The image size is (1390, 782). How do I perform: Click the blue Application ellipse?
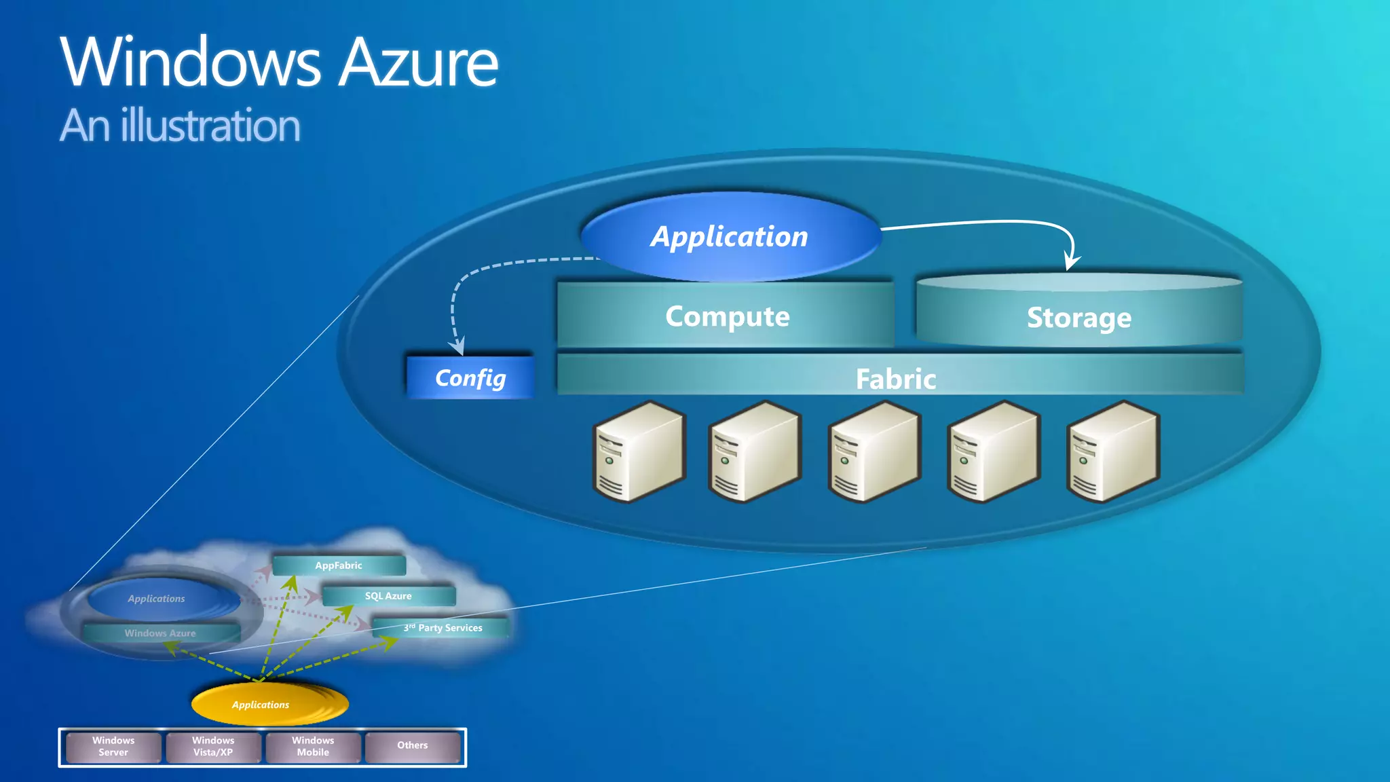(x=730, y=236)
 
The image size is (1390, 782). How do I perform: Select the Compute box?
(x=726, y=316)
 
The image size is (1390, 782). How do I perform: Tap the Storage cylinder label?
(x=1078, y=318)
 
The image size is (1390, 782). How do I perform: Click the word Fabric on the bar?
(x=896, y=379)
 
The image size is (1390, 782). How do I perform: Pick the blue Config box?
(x=470, y=377)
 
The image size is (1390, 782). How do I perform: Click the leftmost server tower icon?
(x=639, y=451)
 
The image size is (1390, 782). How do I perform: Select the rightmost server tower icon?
(x=1112, y=451)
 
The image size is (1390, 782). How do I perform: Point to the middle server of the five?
(x=874, y=451)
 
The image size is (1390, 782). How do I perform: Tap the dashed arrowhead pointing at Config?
(x=459, y=346)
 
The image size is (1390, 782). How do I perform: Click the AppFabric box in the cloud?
(x=339, y=565)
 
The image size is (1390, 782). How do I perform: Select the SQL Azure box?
(x=388, y=596)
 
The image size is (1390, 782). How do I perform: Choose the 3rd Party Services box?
(x=443, y=628)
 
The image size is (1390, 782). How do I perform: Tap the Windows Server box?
(x=113, y=746)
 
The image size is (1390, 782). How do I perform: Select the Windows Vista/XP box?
(x=213, y=746)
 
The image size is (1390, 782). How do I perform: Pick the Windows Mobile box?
(x=313, y=746)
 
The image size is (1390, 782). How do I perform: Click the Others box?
(x=413, y=745)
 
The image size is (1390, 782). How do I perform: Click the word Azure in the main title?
(x=418, y=63)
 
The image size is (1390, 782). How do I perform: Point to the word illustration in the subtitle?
(x=210, y=126)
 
